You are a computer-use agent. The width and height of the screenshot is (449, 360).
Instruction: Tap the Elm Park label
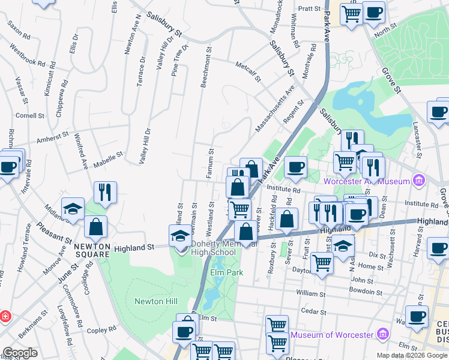coord(224,272)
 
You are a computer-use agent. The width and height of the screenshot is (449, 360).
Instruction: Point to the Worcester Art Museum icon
coord(420,181)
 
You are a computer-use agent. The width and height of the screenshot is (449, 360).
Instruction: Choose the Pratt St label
coord(310,9)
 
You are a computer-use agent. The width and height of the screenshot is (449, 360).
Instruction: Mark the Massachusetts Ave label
coord(275,108)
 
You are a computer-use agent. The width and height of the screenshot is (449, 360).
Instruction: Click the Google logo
coord(20,353)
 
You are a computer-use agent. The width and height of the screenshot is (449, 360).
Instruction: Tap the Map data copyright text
coord(412,355)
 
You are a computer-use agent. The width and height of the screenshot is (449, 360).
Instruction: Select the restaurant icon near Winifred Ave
coord(105,193)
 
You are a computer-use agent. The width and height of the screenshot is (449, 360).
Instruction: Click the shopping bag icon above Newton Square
coord(95,227)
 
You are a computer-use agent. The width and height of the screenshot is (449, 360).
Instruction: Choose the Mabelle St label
coord(111,155)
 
